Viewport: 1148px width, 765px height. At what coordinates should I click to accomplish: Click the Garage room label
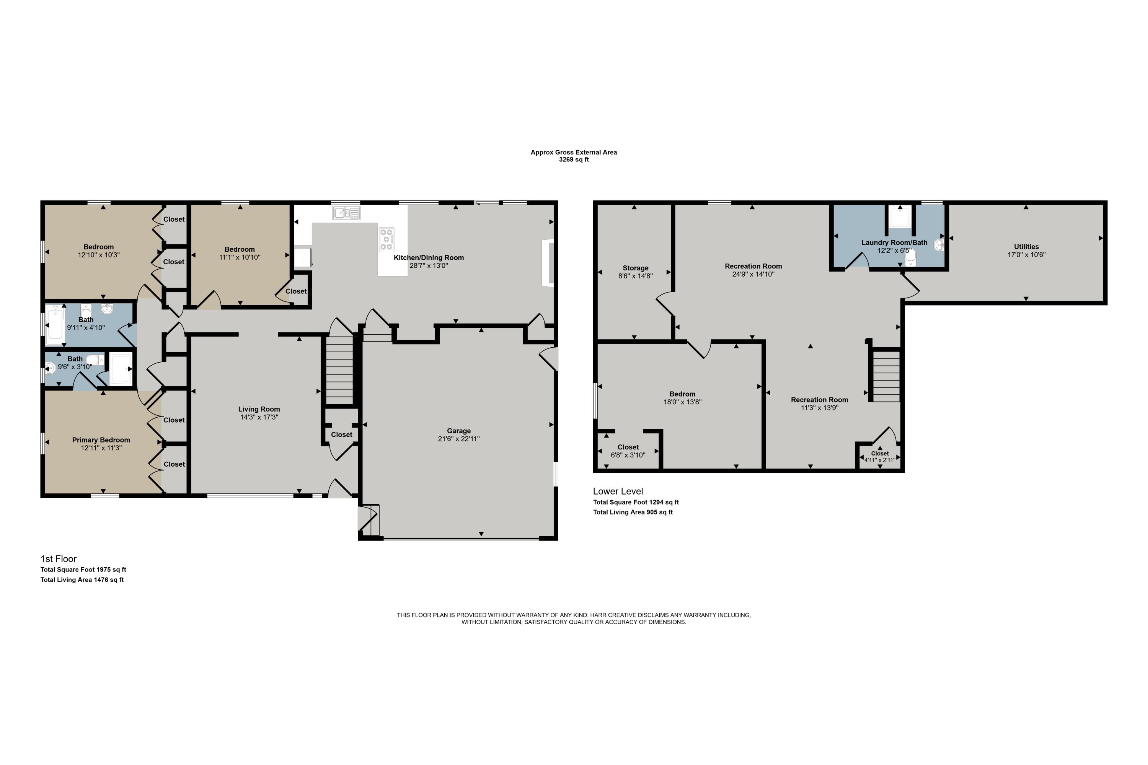pos(458,431)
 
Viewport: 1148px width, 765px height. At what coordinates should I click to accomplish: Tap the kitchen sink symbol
pos(347,213)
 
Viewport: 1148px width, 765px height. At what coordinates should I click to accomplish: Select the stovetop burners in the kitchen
pos(386,239)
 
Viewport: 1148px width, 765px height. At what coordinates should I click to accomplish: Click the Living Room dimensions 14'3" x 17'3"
pos(259,417)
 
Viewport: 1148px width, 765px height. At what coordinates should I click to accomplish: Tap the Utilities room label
pos(1026,246)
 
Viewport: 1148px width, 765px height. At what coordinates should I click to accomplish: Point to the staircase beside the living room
pos(339,370)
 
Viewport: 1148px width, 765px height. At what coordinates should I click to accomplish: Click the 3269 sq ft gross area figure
pos(574,160)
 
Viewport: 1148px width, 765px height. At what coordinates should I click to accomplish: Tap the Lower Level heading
pos(618,491)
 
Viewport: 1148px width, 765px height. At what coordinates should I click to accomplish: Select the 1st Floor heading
pos(58,558)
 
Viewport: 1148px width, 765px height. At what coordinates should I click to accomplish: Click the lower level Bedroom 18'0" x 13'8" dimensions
pos(682,402)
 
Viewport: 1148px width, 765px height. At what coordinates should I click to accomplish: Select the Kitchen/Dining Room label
pos(429,257)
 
